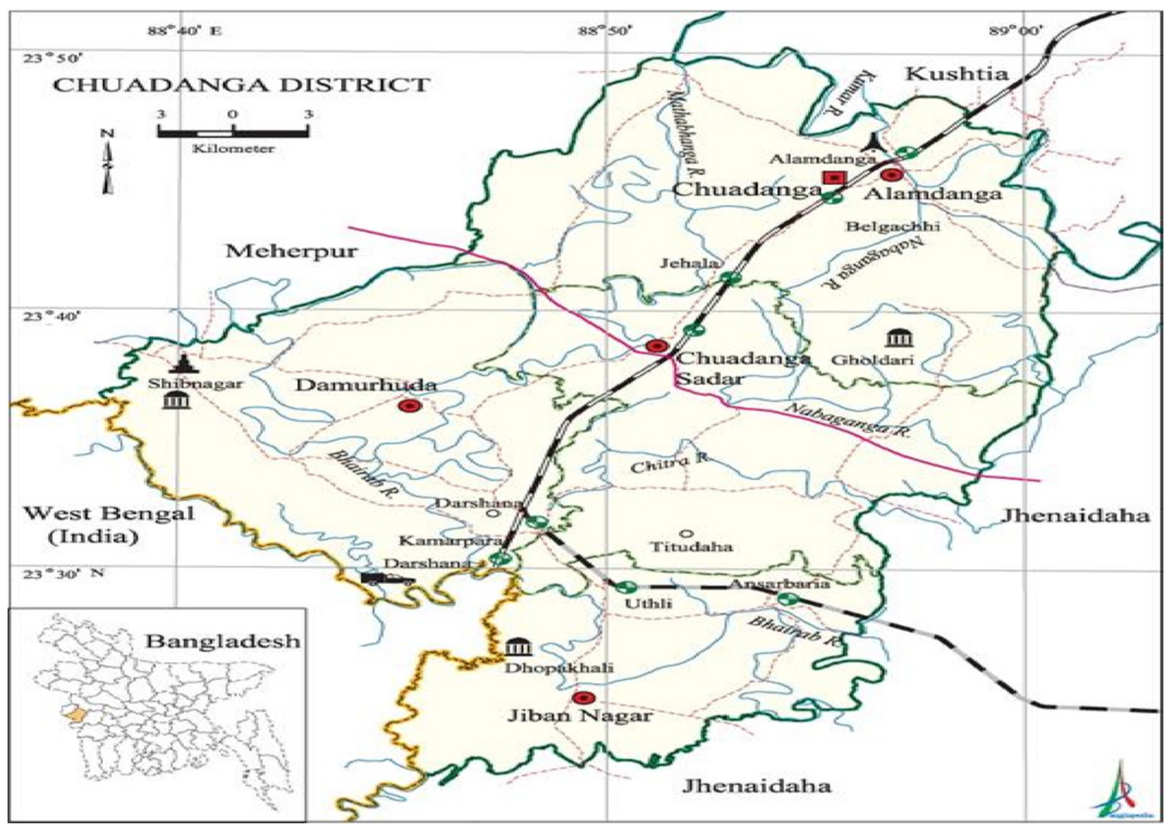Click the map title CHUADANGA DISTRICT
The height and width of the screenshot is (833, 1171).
pos(241,85)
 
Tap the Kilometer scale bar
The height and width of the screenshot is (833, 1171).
pos(233,132)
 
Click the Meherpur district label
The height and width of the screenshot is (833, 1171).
pos(291,251)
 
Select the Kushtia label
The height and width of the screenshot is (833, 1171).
pos(957,74)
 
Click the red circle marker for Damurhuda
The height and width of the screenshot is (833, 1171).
pos(408,406)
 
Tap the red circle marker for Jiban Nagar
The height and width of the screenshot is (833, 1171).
pos(583,698)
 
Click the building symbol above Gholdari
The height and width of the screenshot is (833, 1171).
pos(899,338)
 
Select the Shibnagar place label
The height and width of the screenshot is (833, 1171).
pos(195,384)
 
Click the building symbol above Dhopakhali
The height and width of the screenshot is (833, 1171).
pos(517,647)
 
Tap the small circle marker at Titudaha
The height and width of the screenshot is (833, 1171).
pos(687,533)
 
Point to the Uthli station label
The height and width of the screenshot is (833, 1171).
pos(649,604)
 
